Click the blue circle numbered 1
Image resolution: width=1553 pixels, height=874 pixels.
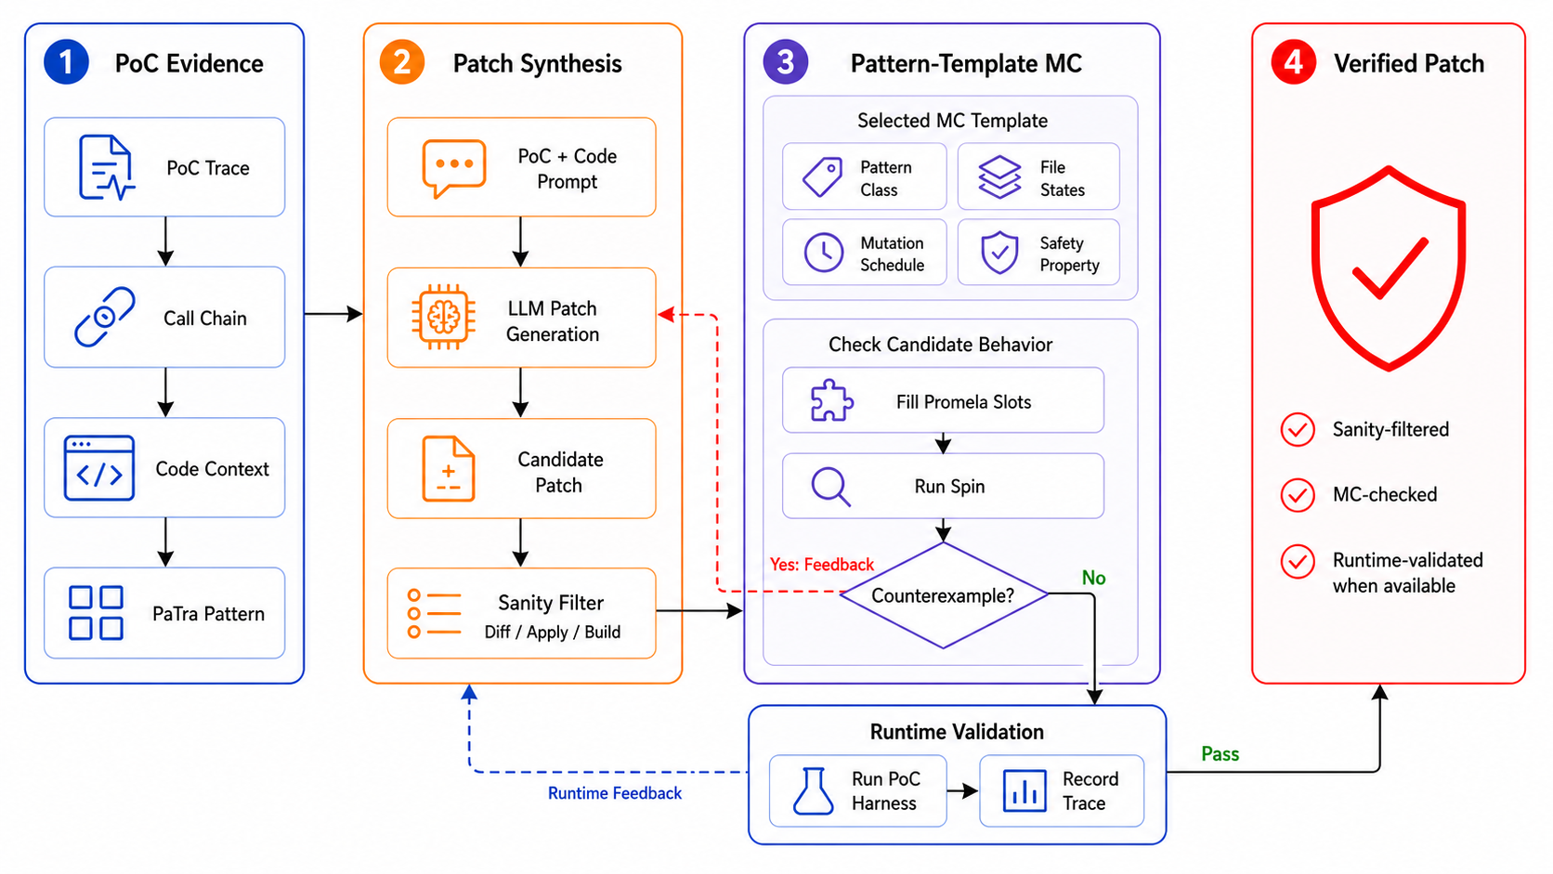point(66,62)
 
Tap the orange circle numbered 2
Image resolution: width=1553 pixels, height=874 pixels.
point(402,62)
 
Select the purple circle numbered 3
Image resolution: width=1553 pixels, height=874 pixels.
point(786,62)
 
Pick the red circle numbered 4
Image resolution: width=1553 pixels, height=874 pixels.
point(1294,62)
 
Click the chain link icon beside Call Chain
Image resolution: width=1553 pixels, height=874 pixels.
point(105,317)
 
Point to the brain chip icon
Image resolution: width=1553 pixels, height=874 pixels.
point(444,317)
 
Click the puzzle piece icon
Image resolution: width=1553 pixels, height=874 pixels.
point(831,400)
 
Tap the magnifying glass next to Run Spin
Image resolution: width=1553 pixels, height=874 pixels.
point(830,487)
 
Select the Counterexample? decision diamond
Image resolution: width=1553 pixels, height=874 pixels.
point(944,595)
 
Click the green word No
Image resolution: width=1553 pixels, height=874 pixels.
point(1093,578)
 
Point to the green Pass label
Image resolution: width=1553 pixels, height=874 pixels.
point(1220,754)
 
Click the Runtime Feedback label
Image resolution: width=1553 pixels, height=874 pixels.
point(615,793)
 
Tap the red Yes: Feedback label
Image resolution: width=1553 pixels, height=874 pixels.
point(822,565)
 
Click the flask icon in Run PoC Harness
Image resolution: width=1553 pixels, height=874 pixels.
point(814,790)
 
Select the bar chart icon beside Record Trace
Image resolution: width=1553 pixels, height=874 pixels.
point(1024,790)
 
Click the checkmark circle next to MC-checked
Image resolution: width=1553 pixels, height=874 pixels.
point(1298,495)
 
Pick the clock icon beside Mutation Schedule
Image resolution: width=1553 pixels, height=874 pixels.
point(824,253)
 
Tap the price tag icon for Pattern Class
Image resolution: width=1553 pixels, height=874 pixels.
point(823,177)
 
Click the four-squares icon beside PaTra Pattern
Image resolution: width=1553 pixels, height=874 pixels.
point(97,613)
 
